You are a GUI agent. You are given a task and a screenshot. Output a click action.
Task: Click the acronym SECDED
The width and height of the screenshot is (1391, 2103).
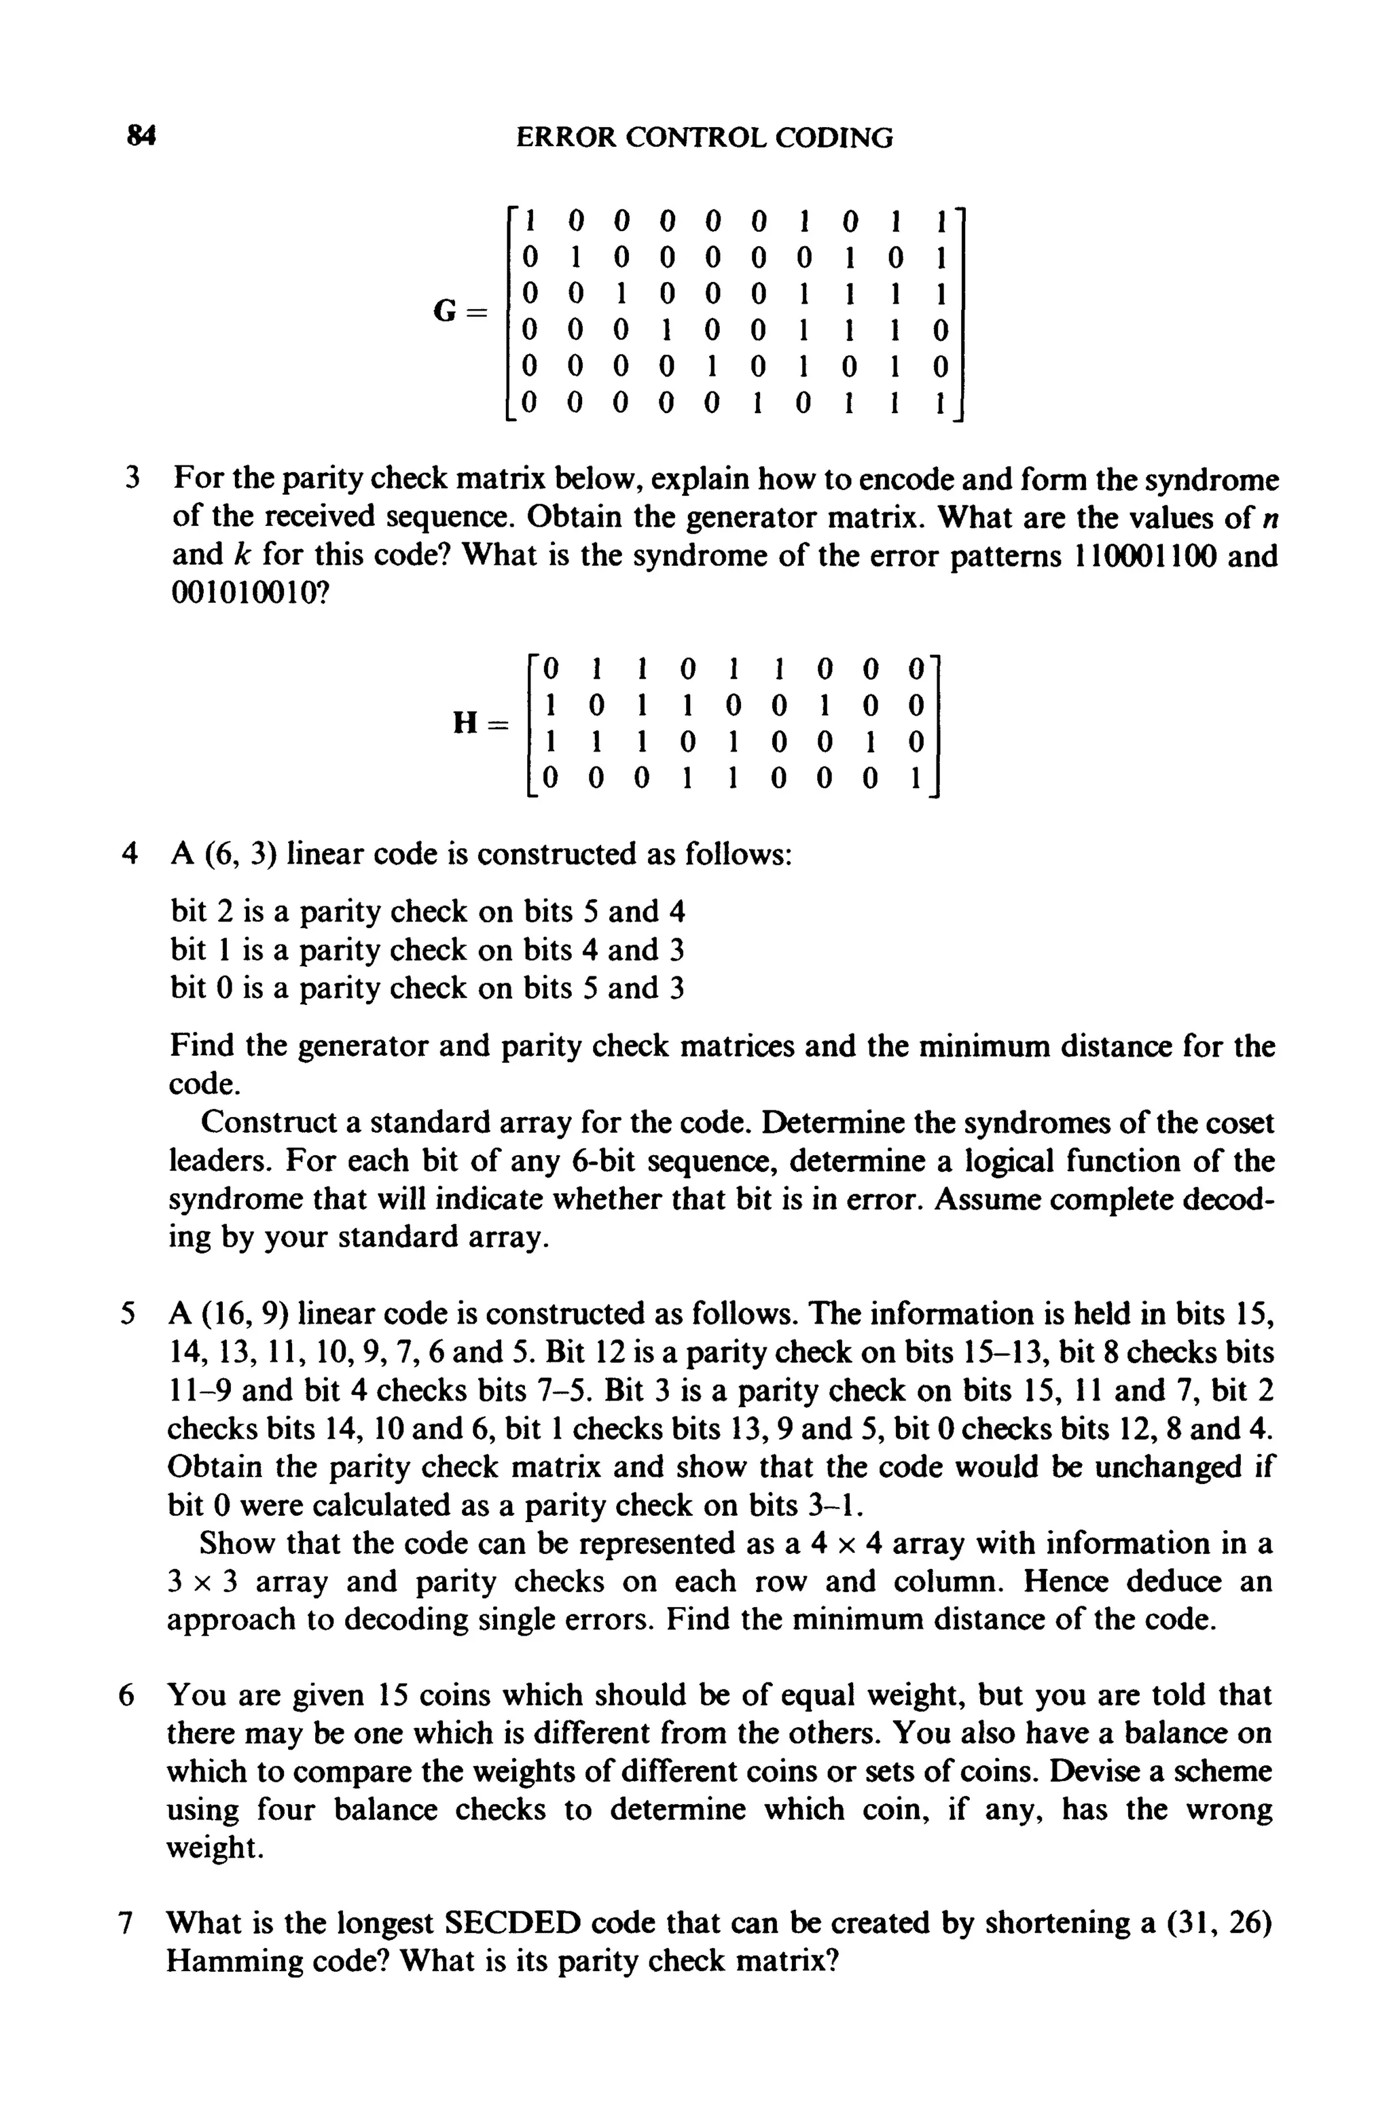click(x=512, y=1923)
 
